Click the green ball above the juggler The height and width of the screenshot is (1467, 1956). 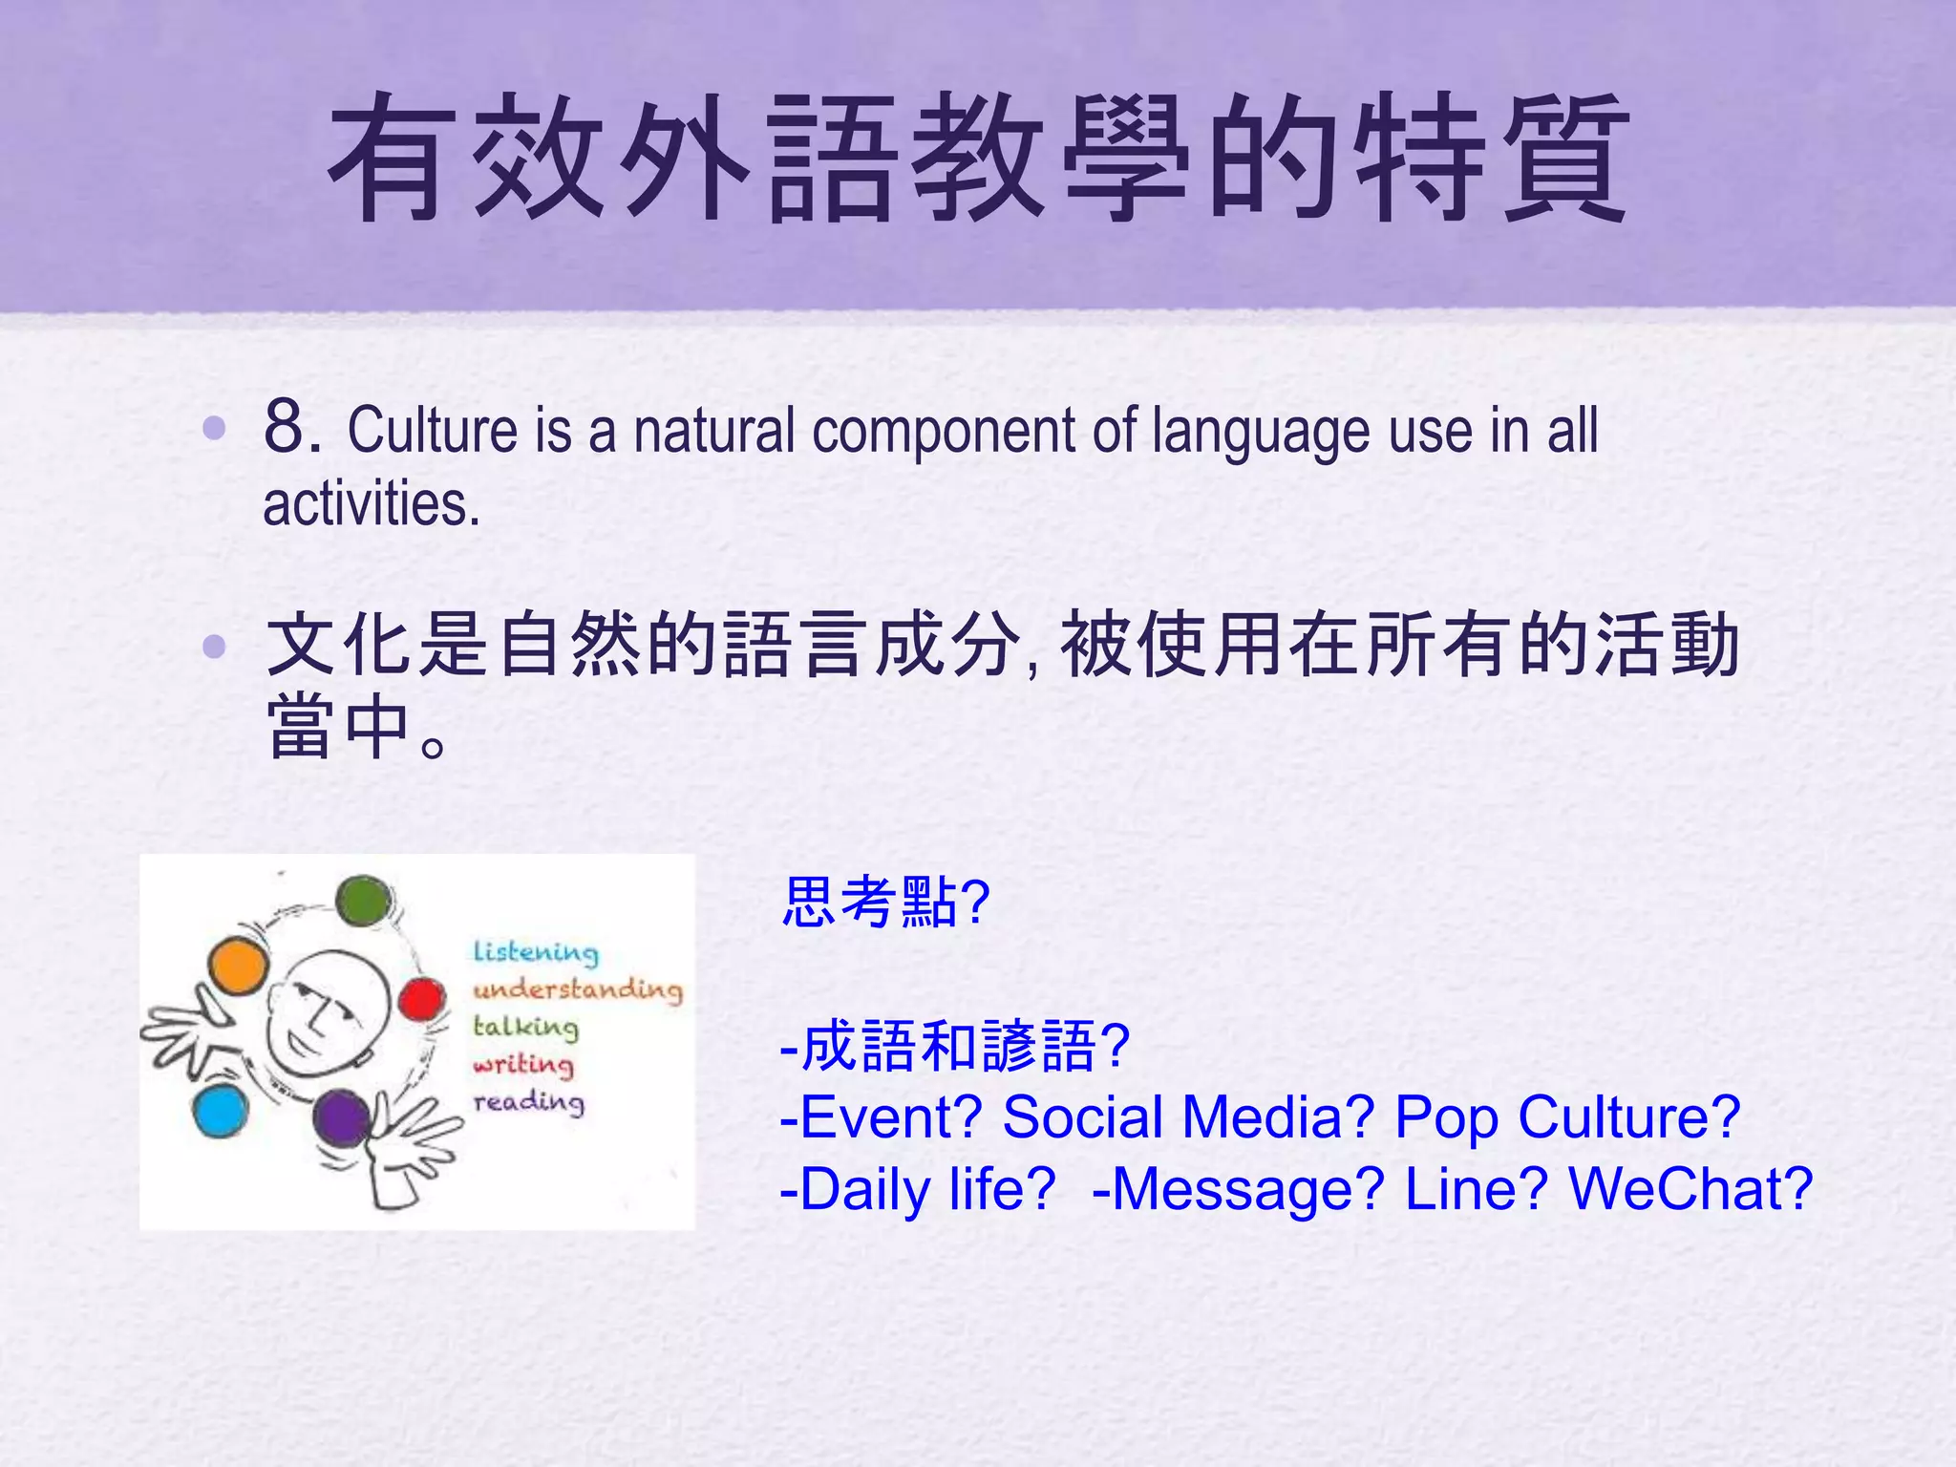coord(364,901)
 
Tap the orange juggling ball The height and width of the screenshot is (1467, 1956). coord(237,966)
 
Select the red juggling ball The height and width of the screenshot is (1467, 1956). coord(421,1000)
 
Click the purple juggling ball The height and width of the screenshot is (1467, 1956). coord(341,1118)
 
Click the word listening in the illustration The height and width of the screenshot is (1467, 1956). coord(536,952)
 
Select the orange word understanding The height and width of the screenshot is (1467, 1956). coord(578,989)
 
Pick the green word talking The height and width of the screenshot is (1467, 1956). coord(526,1027)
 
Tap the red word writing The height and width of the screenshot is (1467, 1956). coord(523,1064)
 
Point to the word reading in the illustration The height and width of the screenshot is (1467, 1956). coord(529,1102)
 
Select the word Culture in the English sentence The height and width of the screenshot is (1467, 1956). coord(433,431)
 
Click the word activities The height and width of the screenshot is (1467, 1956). coord(371,504)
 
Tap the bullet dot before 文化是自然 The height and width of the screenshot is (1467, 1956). coord(214,648)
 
